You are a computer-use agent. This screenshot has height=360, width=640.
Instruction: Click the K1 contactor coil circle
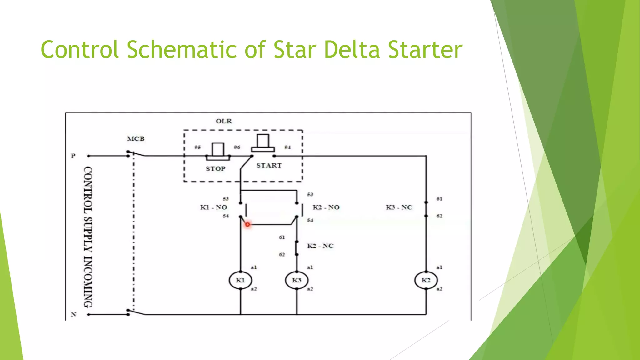[x=240, y=280]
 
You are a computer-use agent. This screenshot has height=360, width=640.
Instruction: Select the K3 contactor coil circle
[x=297, y=280]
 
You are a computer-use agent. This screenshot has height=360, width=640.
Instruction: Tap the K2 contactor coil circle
[x=426, y=280]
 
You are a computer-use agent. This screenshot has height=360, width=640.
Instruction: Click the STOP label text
[x=215, y=169]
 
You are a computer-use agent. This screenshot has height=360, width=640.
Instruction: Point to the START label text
[x=269, y=165]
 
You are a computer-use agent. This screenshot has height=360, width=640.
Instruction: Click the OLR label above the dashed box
[x=224, y=121]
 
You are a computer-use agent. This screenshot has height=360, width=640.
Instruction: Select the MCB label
[x=136, y=139]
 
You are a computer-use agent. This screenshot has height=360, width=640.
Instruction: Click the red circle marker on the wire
[x=247, y=224]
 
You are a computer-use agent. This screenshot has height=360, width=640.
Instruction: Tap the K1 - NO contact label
[x=213, y=207]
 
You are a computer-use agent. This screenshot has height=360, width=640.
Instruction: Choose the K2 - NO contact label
[x=326, y=207]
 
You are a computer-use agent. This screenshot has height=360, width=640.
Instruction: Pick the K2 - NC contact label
[x=320, y=246]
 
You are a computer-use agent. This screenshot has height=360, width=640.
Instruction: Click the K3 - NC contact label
[x=399, y=207]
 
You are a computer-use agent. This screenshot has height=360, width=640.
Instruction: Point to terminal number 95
[x=197, y=147]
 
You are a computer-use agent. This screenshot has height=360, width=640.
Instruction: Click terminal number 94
[x=287, y=147]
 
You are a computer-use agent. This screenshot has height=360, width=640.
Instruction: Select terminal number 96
[x=237, y=147]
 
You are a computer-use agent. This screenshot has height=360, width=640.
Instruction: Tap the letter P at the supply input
[x=73, y=156]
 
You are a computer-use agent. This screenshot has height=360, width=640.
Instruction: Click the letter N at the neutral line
[x=73, y=314]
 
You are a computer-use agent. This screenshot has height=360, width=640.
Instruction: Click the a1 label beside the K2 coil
[x=439, y=267]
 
